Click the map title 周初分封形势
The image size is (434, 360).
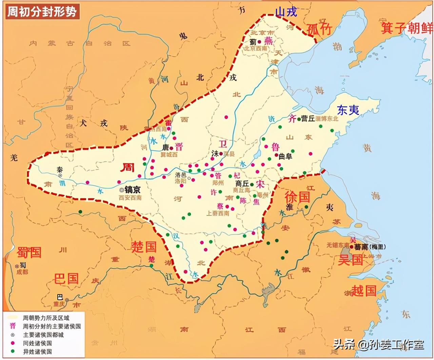tap(42, 12)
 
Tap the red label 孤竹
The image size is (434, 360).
tap(319, 29)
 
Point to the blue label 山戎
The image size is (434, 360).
tap(286, 12)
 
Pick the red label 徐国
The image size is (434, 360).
tap(297, 196)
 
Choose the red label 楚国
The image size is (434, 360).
tap(144, 247)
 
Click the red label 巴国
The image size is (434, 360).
tap(66, 279)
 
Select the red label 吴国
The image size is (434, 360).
tap(351, 260)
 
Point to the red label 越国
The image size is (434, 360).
tap(364, 291)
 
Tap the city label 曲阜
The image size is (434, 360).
tap(285, 156)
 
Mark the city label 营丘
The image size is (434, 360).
tap(308, 119)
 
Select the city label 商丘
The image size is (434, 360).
tap(242, 183)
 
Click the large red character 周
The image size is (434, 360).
tap(128, 167)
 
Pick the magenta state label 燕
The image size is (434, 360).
tap(268, 41)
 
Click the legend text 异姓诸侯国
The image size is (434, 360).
tap(38, 352)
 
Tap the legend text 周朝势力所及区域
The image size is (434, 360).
tap(46, 318)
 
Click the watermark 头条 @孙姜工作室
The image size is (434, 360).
tap(378, 345)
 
